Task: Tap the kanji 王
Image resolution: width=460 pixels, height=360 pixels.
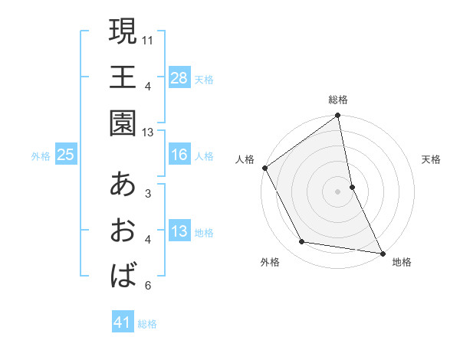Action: point(123,77)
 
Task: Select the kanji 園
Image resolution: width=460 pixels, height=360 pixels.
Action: point(123,122)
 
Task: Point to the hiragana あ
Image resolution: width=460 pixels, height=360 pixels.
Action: point(123,184)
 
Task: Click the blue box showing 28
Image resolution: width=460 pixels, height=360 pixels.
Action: point(179,77)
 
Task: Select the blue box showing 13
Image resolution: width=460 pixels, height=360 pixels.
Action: point(179,231)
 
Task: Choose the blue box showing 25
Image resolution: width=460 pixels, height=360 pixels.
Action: point(65,155)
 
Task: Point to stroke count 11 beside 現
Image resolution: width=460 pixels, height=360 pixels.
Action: point(149,38)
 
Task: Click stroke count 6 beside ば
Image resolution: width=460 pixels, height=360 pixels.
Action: point(148,286)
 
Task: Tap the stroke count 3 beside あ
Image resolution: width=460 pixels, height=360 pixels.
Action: point(148,193)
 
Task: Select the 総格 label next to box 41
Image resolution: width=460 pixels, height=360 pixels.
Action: point(148,324)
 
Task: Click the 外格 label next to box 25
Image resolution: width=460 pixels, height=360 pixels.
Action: point(41,156)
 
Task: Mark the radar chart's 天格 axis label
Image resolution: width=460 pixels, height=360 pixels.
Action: point(432,160)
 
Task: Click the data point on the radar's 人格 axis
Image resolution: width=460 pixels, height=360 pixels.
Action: point(265,168)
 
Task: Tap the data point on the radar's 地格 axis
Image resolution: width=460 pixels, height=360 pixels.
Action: point(382,252)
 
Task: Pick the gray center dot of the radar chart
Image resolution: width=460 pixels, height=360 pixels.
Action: point(337,191)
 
